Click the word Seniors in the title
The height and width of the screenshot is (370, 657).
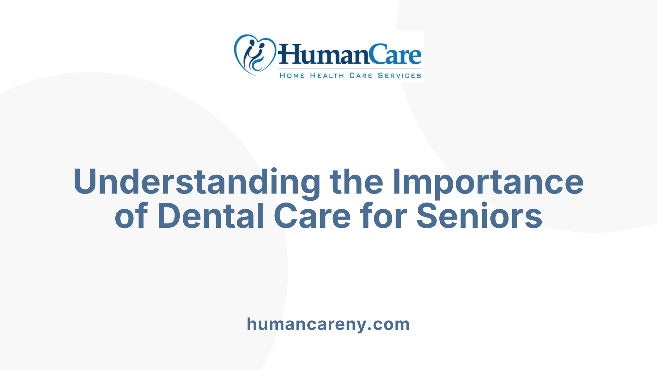click(479, 216)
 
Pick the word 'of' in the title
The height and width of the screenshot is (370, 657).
click(131, 216)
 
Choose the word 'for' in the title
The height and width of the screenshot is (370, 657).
click(383, 216)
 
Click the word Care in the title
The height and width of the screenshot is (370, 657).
click(312, 216)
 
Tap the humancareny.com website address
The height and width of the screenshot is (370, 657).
click(328, 324)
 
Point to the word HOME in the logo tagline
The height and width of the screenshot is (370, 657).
click(292, 75)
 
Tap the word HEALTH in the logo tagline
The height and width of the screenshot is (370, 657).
click(327, 75)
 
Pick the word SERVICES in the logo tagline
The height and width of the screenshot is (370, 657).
click(399, 75)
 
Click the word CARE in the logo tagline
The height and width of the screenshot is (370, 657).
click(361, 75)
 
